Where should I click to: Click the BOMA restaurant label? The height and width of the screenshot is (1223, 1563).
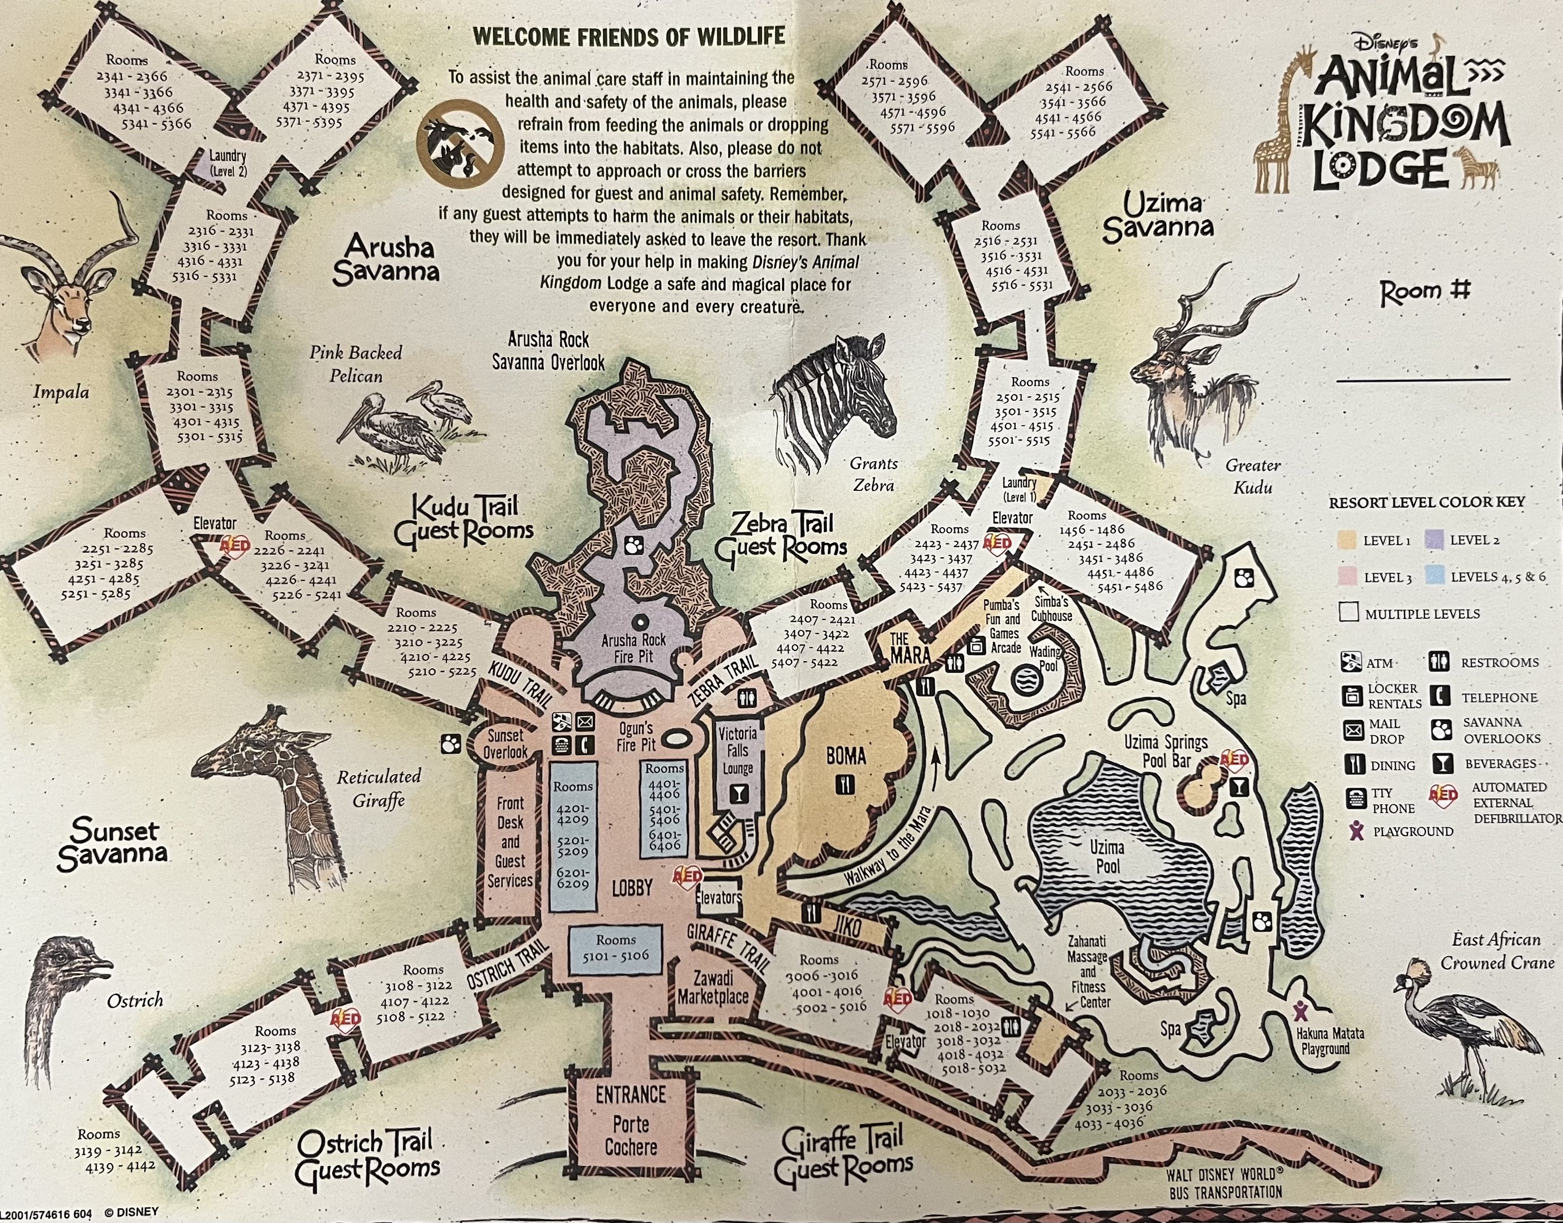point(846,756)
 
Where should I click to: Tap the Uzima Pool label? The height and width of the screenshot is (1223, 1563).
point(1106,857)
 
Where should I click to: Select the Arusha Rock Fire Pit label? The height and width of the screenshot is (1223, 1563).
point(633,648)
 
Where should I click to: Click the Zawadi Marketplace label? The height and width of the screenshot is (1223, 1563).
point(712,987)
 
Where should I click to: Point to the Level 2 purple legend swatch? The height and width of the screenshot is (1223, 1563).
point(1434,540)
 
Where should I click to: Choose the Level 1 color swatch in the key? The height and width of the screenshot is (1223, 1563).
point(1347,541)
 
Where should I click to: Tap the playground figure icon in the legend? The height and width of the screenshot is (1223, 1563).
point(1355,831)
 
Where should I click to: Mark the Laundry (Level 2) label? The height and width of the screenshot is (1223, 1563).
point(227,163)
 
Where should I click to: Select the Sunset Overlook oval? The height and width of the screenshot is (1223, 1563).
point(506,743)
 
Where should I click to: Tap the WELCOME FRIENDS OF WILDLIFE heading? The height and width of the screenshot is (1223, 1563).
point(630,36)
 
